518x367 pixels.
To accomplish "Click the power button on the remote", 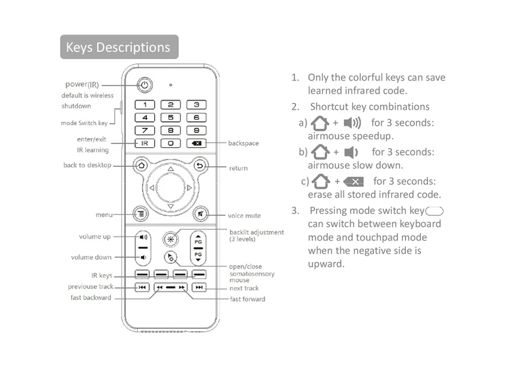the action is (144, 85).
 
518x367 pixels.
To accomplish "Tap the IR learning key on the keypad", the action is (144, 143).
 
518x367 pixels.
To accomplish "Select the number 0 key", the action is (170, 143).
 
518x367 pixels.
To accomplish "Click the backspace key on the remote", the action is (197, 143).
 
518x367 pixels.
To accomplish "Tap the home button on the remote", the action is (141, 165).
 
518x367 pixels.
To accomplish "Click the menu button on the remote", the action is (141, 214).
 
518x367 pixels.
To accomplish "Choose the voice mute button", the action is (200, 214).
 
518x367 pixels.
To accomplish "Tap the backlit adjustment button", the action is (170, 239).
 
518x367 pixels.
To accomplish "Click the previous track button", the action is (142, 287).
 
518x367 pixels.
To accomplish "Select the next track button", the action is (199, 287).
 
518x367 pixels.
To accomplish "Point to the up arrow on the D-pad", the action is (170, 169).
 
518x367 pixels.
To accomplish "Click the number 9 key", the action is (197, 130).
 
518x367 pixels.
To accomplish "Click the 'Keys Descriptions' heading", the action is (118, 47).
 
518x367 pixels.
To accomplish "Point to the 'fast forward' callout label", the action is (247, 299).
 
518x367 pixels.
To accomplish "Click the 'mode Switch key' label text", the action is (84, 123).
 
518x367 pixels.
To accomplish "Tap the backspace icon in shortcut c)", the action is (354, 182).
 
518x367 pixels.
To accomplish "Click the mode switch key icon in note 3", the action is (434, 211).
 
